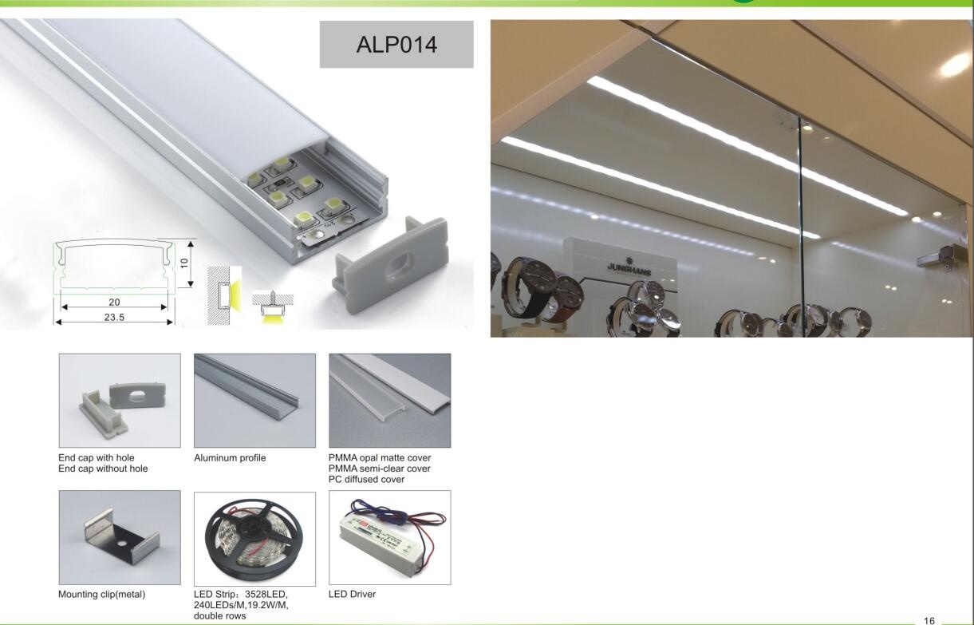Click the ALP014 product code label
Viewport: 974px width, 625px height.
[x=396, y=45]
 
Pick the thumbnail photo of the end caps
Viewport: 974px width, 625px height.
[x=120, y=401]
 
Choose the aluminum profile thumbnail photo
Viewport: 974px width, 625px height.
[x=254, y=401]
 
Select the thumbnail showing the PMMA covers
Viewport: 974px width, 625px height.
[x=389, y=401]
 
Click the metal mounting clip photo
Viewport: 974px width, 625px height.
[x=120, y=537]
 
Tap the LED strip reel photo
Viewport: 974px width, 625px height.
[x=254, y=537]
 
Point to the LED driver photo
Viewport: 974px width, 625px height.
[x=389, y=537]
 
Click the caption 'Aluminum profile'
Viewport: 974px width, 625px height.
[x=230, y=458]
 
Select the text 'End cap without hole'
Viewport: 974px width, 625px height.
[x=103, y=469]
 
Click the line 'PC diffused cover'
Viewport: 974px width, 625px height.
[x=366, y=479]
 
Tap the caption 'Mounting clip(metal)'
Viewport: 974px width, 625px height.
[x=102, y=595]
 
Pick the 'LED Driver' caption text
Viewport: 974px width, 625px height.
[x=352, y=595]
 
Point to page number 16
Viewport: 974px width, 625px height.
[x=929, y=619]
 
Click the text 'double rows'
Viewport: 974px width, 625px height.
[x=220, y=615]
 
